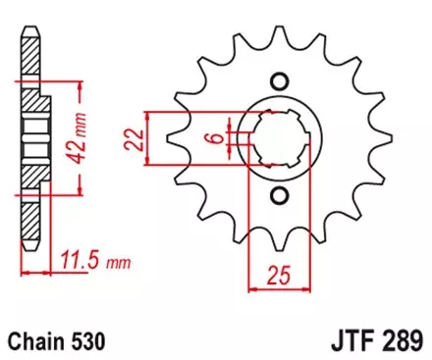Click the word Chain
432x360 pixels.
click(36, 342)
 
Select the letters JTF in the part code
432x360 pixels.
click(346, 342)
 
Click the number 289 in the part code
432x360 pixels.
click(401, 342)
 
